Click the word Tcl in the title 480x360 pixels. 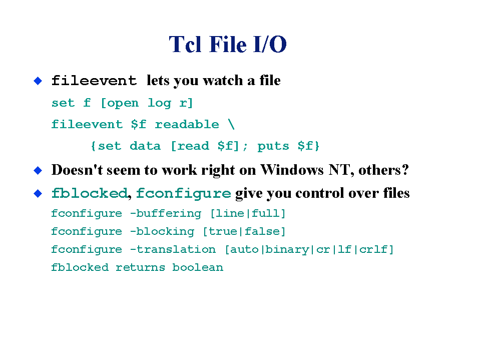[x=185, y=45]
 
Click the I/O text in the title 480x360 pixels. [x=270, y=45]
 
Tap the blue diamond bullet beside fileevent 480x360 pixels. [x=38, y=81]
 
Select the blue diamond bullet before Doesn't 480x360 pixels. [x=38, y=170]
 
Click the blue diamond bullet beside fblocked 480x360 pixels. [x=38, y=193]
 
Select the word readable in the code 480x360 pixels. [x=187, y=124]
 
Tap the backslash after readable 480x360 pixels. [x=231, y=124]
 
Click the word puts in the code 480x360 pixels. [x=273, y=146]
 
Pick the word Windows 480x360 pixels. [x=292, y=170]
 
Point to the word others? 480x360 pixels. [x=383, y=170]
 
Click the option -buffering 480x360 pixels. [x=166, y=213]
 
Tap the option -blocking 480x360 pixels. [x=162, y=231]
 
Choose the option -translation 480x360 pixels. [x=173, y=249]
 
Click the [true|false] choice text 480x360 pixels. [x=244, y=231]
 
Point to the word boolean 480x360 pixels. [x=198, y=267]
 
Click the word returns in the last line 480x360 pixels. [x=140, y=268]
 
